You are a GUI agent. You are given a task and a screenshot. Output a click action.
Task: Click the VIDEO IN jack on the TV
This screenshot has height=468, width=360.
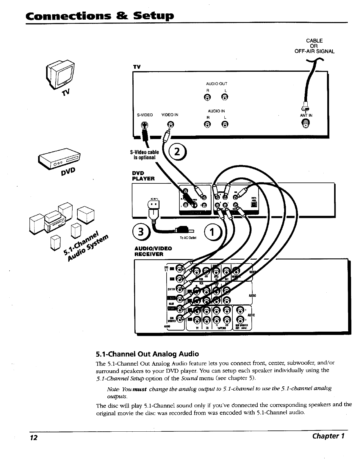[x=170, y=124]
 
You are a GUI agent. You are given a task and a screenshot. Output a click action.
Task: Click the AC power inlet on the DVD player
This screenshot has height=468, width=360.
[x=154, y=205]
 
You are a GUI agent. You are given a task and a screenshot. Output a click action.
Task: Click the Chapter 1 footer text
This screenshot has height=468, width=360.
[x=328, y=436]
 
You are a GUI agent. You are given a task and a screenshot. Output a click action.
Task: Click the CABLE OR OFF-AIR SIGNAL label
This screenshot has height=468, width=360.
[x=314, y=46]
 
